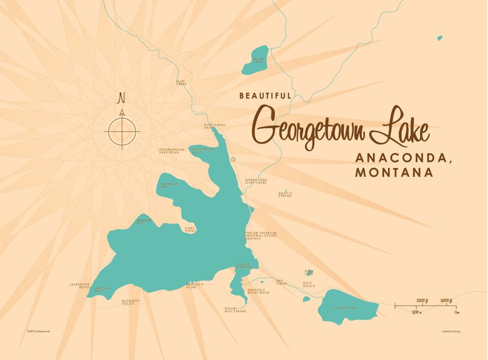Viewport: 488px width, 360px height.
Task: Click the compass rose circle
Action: pos(122,131)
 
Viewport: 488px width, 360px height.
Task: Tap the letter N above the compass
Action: pos(122,98)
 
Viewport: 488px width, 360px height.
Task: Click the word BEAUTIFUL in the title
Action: pos(265,95)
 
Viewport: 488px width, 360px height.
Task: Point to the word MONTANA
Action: pos(394,173)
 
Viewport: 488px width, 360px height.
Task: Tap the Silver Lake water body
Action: pos(347,306)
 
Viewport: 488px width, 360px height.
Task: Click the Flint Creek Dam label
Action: pos(215,126)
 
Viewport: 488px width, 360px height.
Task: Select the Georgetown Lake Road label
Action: pos(172,151)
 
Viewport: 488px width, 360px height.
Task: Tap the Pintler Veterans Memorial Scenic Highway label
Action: pos(261,236)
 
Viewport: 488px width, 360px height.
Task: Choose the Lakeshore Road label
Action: pos(79,286)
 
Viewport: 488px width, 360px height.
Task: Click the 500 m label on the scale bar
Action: pos(416,312)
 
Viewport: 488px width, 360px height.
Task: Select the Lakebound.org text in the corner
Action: pos(451,331)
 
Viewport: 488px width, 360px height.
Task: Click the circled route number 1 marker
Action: pos(234,160)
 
